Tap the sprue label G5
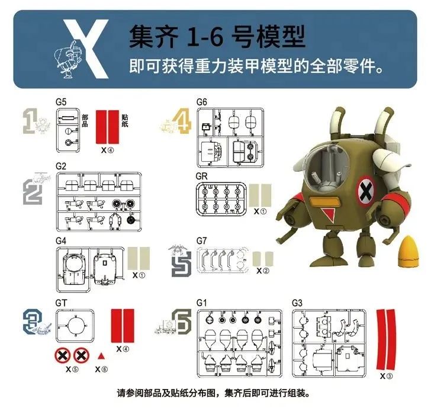[x=61, y=102]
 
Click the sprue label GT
[x=61, y=302]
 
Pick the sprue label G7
[x=202, y=240]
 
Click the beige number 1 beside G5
[x=28, y=120]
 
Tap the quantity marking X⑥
[x=101, y=369]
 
